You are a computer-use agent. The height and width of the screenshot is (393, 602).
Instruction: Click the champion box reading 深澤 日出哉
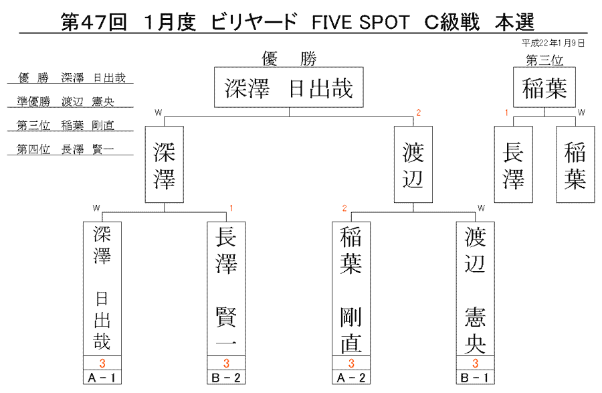coord(289,87)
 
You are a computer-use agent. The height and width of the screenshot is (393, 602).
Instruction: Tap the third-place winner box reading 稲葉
coord(544,87)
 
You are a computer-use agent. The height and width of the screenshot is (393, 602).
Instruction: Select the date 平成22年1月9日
coord(553,43)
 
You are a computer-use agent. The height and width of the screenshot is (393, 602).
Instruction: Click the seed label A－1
coord(102,378)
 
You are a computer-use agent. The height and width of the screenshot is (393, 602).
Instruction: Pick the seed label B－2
coord(226,378)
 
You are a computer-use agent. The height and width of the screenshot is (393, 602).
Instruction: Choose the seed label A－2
coord(351,378)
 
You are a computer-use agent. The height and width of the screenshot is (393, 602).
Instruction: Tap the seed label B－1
coord(476,378)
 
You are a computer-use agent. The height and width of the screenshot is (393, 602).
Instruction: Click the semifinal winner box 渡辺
coord(413,165)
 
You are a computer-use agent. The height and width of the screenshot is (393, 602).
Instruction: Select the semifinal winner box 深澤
coord(165,165)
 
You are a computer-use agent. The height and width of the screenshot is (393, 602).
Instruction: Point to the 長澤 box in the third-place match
coord(513,165)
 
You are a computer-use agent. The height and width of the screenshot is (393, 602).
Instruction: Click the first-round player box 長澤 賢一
coord(226,289)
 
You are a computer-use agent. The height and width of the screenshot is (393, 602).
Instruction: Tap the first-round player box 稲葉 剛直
coord(351,289)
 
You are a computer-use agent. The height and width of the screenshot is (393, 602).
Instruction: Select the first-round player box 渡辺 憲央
coord(476,289)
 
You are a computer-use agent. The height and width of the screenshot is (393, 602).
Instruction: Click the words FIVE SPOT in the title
coord(361,22)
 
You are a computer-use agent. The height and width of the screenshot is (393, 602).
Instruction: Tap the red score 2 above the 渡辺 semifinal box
coord(419,112)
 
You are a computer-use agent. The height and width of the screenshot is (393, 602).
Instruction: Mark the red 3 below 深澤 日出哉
coord(102,363)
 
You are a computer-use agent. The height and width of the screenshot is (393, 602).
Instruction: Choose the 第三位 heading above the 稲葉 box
coord(544,60)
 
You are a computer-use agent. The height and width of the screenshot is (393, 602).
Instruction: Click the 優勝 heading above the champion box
coord(289,59)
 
